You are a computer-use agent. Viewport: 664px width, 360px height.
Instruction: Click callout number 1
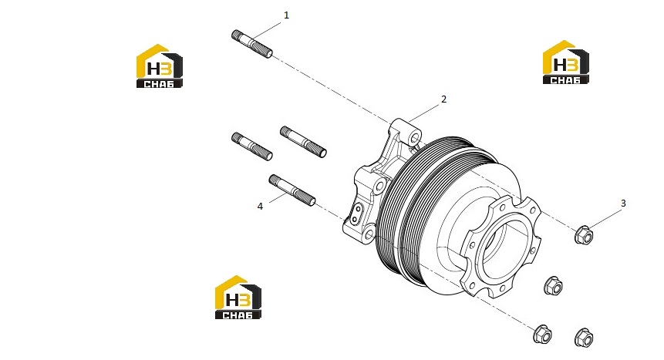[286, 15]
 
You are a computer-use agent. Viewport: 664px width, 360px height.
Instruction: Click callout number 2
[443, 99]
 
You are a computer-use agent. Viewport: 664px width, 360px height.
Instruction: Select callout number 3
[623, 204]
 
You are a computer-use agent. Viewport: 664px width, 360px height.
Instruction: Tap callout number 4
[260, 207]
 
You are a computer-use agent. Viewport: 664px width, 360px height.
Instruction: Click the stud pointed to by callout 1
[252, 44]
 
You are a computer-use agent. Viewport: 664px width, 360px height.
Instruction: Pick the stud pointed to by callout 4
[292, 190]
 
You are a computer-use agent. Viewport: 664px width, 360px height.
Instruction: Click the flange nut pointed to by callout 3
[584, 234]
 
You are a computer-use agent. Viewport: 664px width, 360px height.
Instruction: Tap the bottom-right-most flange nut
[584, 338]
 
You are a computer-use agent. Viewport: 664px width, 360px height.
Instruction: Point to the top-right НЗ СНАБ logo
[566, 62]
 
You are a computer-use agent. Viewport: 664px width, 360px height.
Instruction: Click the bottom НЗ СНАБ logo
[238, 298]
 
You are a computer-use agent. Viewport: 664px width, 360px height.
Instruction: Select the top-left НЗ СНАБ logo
[159, 66]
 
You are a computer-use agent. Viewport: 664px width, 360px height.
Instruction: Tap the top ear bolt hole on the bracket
[415, 138]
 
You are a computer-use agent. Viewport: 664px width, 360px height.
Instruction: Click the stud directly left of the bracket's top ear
[303, 142]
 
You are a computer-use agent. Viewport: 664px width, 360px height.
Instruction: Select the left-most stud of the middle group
[252, 146]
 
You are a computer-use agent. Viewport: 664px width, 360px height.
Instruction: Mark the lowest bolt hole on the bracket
[369, 234]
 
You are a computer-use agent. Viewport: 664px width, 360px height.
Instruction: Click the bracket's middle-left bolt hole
[380, 185]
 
